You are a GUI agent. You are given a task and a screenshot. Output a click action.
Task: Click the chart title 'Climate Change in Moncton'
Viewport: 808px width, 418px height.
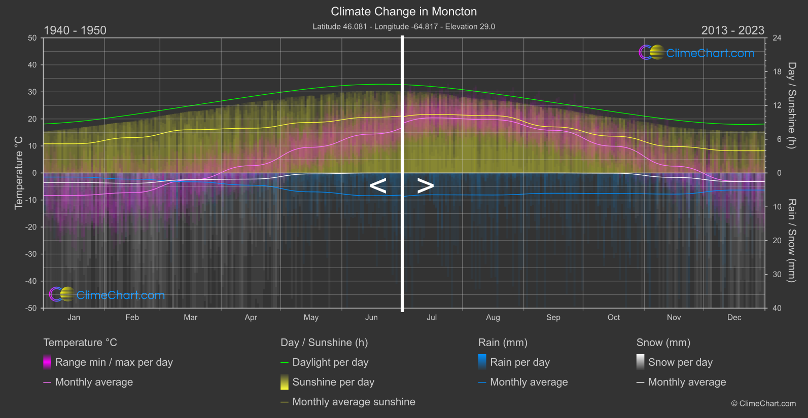coord(404,11)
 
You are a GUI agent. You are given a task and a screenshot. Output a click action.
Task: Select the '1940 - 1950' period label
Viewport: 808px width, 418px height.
coord(75,30)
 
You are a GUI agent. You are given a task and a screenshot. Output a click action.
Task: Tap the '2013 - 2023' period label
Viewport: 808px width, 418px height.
coord(732,30)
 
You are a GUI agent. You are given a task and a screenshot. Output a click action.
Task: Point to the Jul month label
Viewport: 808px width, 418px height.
coord(432,318)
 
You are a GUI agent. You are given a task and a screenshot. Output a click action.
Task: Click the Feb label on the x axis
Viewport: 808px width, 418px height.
coord(132,318)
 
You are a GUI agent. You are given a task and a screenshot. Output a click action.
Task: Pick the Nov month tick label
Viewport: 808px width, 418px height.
coord(674,318)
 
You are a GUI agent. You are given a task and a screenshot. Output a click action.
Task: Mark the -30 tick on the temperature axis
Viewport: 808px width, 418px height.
coord(31,254)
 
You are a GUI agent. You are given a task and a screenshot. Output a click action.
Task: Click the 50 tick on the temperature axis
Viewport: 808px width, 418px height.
coord(32,38)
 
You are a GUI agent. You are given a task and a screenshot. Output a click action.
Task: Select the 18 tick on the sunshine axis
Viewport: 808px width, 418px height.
coord(777,72)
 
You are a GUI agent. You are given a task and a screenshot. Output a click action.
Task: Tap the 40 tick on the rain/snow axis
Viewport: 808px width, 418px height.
coord(777,308)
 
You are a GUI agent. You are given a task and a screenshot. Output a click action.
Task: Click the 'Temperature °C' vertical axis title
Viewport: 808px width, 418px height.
coord(19,173)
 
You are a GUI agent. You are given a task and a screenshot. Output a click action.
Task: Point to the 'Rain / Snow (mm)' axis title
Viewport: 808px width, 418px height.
coord(791,240)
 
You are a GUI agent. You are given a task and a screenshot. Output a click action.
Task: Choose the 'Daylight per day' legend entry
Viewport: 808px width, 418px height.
coord(330,362)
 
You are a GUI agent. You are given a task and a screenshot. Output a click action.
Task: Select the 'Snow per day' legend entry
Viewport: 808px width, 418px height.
coord(680,362)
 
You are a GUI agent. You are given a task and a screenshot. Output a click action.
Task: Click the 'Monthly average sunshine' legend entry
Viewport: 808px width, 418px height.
coord(354,402)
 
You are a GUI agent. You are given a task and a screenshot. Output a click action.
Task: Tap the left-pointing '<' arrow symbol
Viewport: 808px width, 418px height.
coord(378,186)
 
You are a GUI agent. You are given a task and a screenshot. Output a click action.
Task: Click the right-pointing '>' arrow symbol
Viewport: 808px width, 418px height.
coord(425,186)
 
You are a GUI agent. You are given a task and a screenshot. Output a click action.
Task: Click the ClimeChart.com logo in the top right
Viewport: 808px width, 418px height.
coord(697,53)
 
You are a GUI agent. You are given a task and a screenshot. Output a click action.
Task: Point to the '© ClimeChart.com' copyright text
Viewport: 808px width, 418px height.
coord(763,404)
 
